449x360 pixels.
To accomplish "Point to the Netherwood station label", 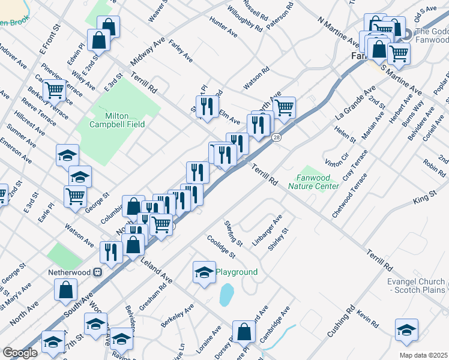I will [x=70, y=272].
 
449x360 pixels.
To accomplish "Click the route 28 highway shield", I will [x=277, y=138].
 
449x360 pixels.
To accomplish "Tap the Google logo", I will [x=20, y=353].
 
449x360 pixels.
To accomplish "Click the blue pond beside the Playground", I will [x=226, y=295].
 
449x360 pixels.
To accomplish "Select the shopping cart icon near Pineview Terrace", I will [x=54, y=89].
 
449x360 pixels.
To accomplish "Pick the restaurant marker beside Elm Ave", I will [x=206, y=106].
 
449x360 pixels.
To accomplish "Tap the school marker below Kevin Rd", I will [x=406, y=329].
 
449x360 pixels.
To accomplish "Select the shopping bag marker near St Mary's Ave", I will [x=65, y=290].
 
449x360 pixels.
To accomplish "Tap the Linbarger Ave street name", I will [x=267, y=230].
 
